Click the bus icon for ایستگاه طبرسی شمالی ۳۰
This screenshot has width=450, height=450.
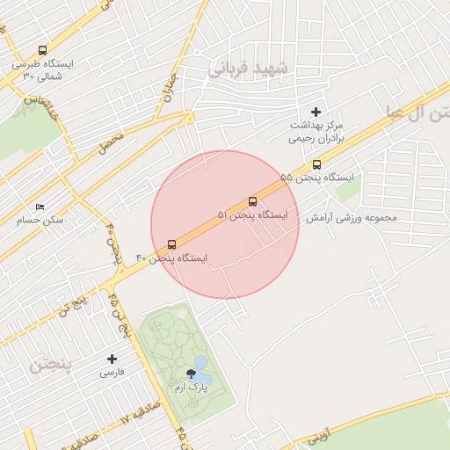(x=42, y=51)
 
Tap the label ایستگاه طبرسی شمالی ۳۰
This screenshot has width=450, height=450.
(x=44, y=70)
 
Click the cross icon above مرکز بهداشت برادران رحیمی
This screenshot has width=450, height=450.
(x=316, y=112)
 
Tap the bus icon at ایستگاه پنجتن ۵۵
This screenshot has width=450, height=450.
(x=316, y=163)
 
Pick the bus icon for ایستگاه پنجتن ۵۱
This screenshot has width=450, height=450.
(x=253, y=201)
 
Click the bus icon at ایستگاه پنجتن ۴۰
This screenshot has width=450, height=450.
(x=171, y=244)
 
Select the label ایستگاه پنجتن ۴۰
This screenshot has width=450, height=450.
(x=171, y=258)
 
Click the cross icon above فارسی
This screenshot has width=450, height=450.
(x=112, y=359)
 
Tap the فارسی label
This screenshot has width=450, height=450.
(x=112, y=373)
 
